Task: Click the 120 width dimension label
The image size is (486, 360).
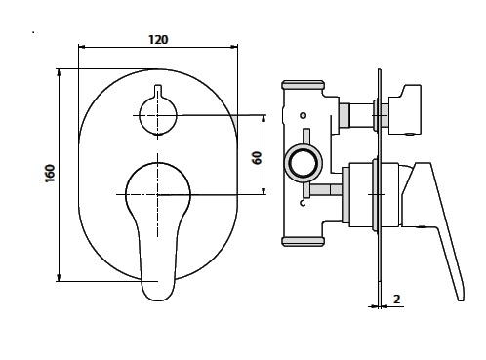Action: pyautogui.click(x=158, y=40)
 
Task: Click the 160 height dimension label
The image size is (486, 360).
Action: pyautogui.click(x=50, y=174)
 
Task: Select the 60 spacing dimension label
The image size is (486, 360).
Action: pyautogui.click(x=257, y=158)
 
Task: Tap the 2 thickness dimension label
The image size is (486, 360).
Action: pyautogui.click(x=396, y=300)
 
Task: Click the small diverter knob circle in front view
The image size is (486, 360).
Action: pyautogui.click(x=158, y=115)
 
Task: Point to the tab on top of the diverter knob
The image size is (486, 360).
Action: pyautogui.click(x=158, y=91)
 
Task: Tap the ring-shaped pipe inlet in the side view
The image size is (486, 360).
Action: pyautogui.click(x=304, y=162)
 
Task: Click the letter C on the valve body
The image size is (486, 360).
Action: pyautogui.click(x=303, y=203)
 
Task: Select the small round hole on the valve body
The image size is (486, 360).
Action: pyautogui.click(x=304, y=115)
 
